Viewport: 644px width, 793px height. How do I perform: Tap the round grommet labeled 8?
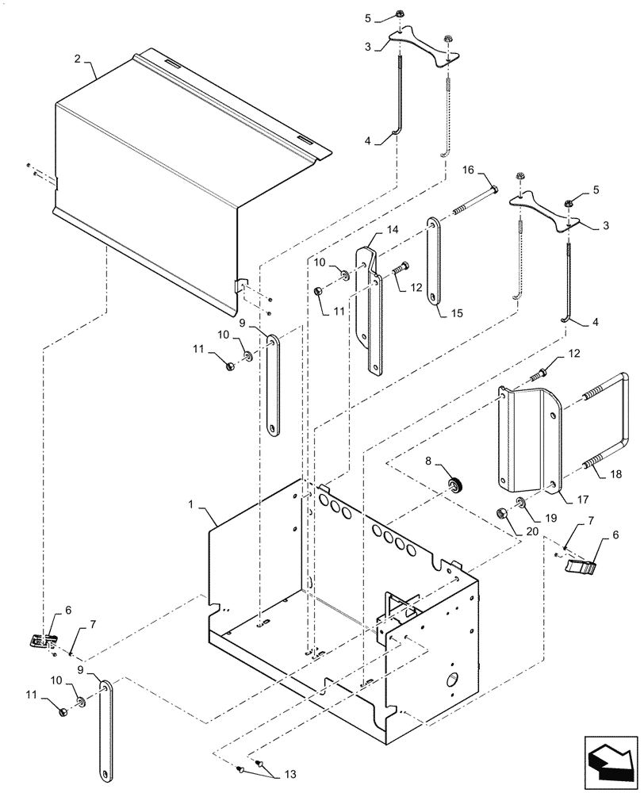click(x=456, y=485)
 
